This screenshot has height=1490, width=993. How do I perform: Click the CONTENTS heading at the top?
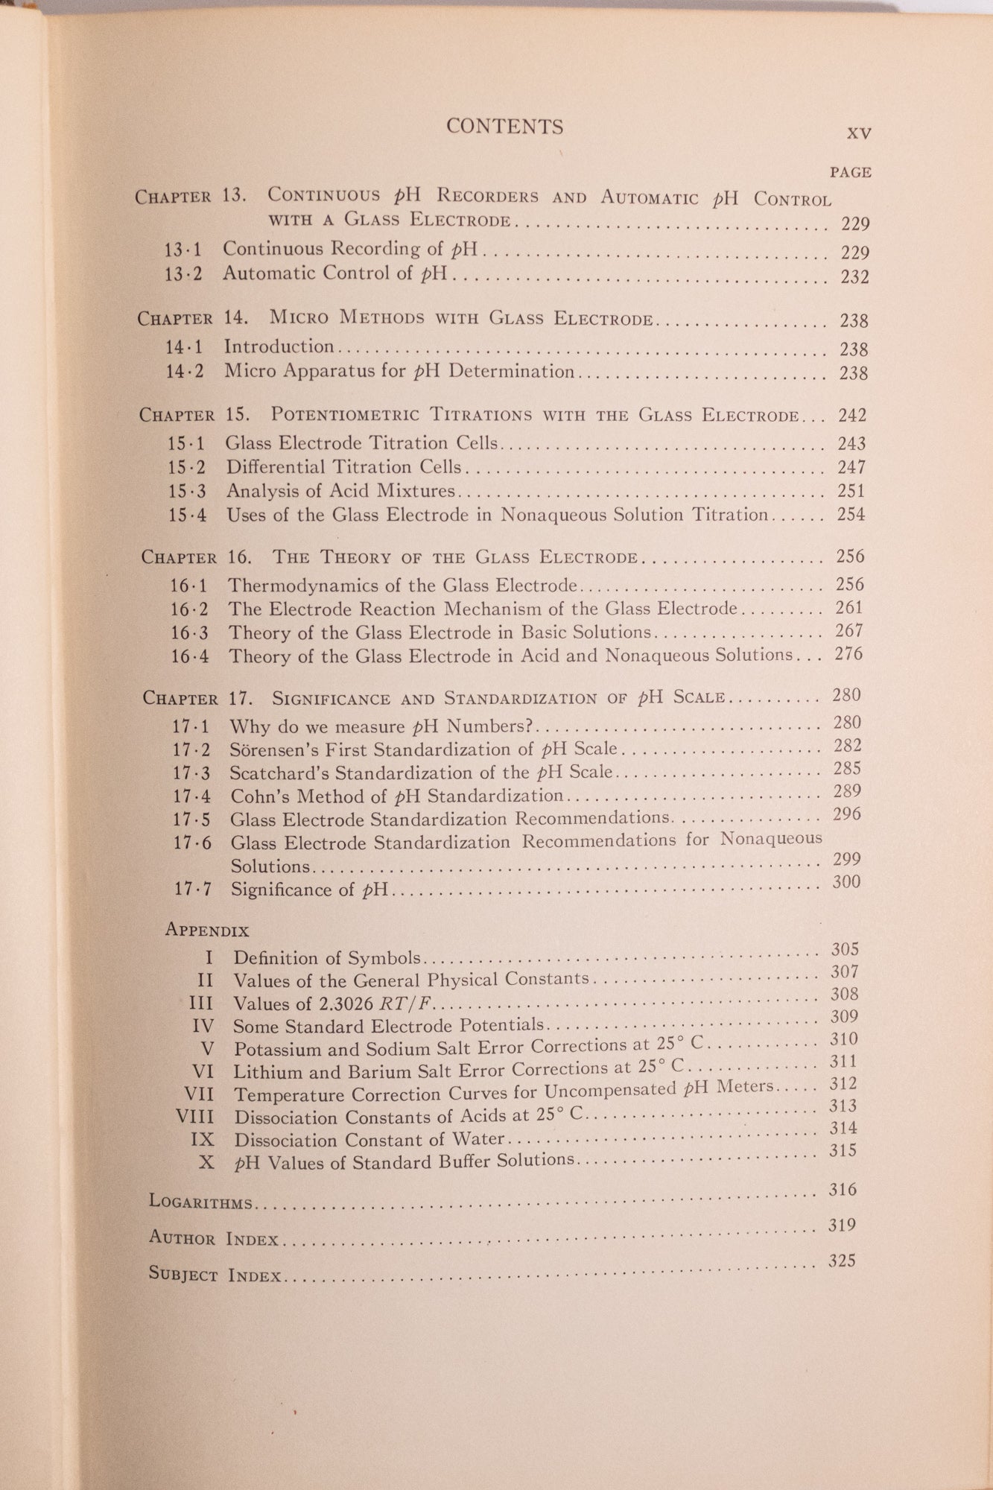(504, 127)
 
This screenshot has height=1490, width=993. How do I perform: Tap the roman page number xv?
(859, 133)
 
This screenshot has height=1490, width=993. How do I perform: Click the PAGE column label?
(851, 172)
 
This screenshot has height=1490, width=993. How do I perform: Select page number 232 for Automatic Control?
(854, 277)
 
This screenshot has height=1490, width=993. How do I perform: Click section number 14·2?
(184, 371)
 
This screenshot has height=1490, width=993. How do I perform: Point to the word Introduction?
(279, 346)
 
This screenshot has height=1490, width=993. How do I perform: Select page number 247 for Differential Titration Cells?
(851, 467)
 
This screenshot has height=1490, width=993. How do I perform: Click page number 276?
(849, 654)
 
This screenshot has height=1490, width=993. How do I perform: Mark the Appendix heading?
(207, 930)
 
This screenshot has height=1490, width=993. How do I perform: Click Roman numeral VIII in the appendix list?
(194, 1117)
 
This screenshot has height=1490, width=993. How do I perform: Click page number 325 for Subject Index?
(841, 1261)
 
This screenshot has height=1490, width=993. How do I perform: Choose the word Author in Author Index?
(182, 1237)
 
